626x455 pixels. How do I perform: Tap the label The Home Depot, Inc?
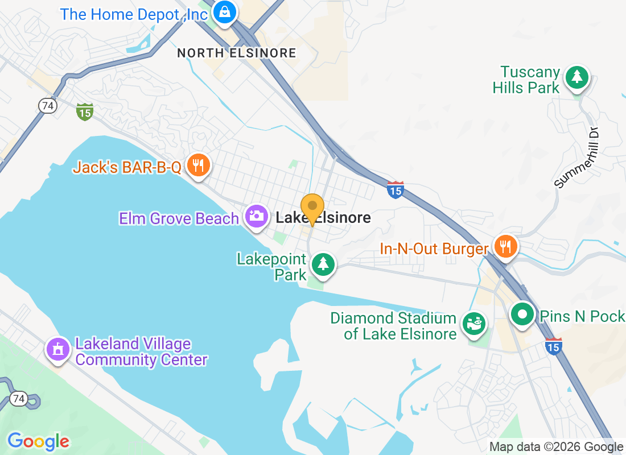[134, 14]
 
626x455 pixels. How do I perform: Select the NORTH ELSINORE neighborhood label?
[237, 53]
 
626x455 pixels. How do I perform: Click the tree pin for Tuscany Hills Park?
[578, 76]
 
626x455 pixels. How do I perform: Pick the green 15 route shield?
[85, 112]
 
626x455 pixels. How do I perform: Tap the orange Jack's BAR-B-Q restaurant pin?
[198, 166]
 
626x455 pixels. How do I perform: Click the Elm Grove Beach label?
[179, 218]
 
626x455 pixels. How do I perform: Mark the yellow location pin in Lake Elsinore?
[312, 207]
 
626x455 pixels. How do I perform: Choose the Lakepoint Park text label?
[271, 267]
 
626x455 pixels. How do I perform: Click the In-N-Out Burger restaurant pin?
[504, 246]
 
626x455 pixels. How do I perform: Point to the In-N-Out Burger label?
[435, 249]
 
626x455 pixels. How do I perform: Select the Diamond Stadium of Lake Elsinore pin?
[473, 324]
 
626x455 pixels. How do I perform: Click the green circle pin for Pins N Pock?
[522, 313]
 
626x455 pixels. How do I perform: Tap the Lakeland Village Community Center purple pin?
[57, 349]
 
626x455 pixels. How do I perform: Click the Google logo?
[38, 441]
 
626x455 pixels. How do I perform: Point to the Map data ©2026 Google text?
[556, 447]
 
